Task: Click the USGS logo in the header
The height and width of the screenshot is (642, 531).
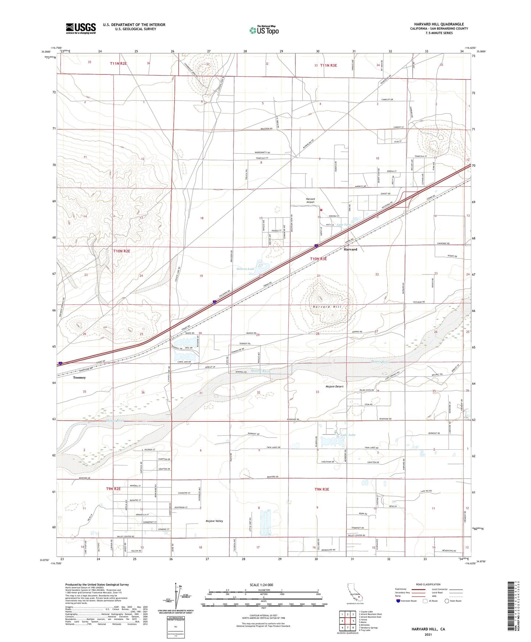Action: coord(81,28)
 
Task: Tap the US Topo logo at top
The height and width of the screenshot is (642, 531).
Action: coord(263,30)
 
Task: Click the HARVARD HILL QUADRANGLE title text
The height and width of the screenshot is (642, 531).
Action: coord(439,24)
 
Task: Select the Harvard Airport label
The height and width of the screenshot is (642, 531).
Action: coord(311,200)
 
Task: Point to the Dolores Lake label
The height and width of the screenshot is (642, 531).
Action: coord(245,269)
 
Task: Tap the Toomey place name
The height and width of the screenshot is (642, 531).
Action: coord(79,378)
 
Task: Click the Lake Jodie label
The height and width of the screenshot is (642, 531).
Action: coord(348,435)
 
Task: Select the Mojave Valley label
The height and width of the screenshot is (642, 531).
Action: coord(214,521)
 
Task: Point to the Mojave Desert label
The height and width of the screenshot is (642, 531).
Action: coord(334,386)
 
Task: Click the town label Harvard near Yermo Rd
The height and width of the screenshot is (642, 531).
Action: coord(350,249)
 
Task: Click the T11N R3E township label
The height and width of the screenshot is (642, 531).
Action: coord(328,65)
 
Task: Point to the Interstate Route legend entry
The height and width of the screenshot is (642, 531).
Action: coord(406,601)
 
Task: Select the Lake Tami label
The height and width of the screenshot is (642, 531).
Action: coord(344,225)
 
